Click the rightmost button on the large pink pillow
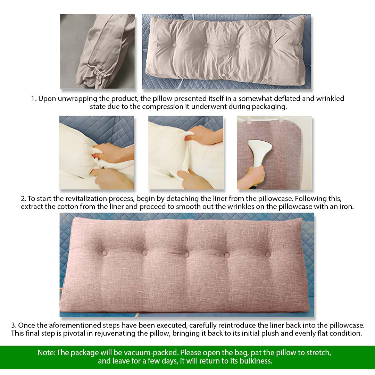point(268,255)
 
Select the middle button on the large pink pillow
point(186,255)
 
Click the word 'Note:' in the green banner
point(46,353)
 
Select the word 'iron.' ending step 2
point(346,207)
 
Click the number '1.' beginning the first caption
point(34,99)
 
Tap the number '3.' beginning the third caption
point(14,325)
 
